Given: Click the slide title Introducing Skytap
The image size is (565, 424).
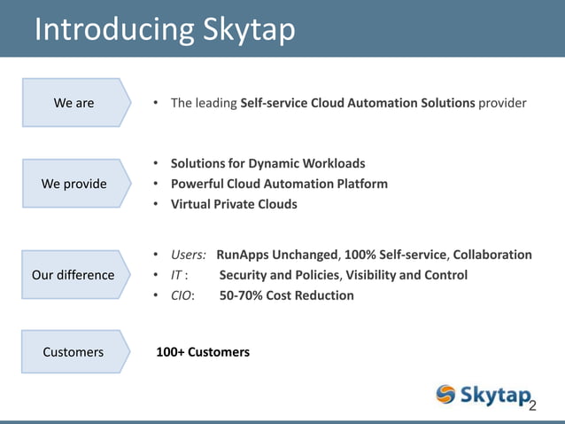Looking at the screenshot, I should [x=164, y=28].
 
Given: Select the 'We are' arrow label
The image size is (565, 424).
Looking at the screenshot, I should [x=74, y=103].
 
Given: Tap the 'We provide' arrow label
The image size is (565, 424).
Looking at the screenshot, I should [x=74, y=184].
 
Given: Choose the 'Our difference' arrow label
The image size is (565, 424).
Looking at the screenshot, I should [x=74, y=274].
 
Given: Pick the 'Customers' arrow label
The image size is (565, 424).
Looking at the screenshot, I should [x=74, y=352].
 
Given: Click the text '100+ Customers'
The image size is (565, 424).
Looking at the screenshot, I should [x=203, y=352].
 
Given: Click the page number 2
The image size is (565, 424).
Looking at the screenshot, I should [x=532, y=405].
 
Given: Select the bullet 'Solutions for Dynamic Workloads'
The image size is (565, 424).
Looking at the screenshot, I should [x=267, y=164].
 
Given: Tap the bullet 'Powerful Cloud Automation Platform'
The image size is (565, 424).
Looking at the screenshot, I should [x=279, y=184].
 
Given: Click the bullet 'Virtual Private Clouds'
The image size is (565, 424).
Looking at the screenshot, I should [x=234, y=204].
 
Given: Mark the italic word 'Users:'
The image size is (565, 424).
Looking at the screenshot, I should [x=189, y=255].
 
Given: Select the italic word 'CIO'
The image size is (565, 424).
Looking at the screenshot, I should [x=182, y=295].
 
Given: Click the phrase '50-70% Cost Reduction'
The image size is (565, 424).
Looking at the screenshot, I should [x=286, y=295].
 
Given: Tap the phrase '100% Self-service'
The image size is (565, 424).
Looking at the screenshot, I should [x=398, y=255].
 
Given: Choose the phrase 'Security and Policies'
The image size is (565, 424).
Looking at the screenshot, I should [x=280, y=275].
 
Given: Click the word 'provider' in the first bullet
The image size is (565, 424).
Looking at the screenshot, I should [x=502, y=103].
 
